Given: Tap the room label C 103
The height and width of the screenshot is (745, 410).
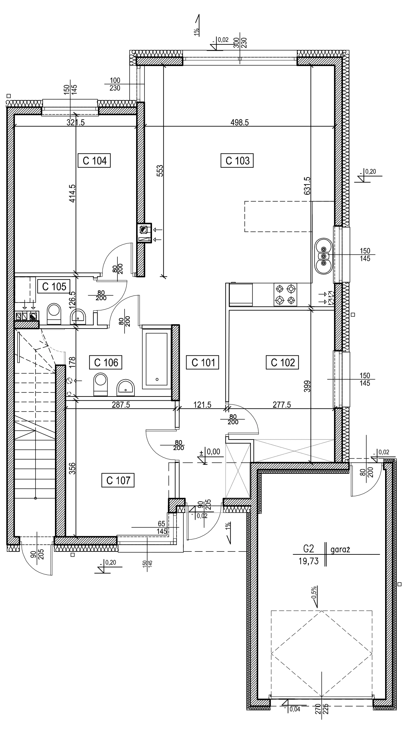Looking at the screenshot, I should click(x=238, y=161).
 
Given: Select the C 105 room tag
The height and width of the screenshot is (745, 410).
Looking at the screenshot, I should click(x=54, y=286).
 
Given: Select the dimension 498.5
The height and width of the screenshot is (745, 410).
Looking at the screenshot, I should click(x=240, y=123).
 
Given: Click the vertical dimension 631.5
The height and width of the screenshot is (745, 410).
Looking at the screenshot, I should click(x=307, y=185).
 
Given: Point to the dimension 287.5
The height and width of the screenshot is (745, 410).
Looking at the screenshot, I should click(x=121, y=405).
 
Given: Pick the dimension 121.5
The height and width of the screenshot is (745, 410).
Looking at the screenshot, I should click(x=202, y=405).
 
